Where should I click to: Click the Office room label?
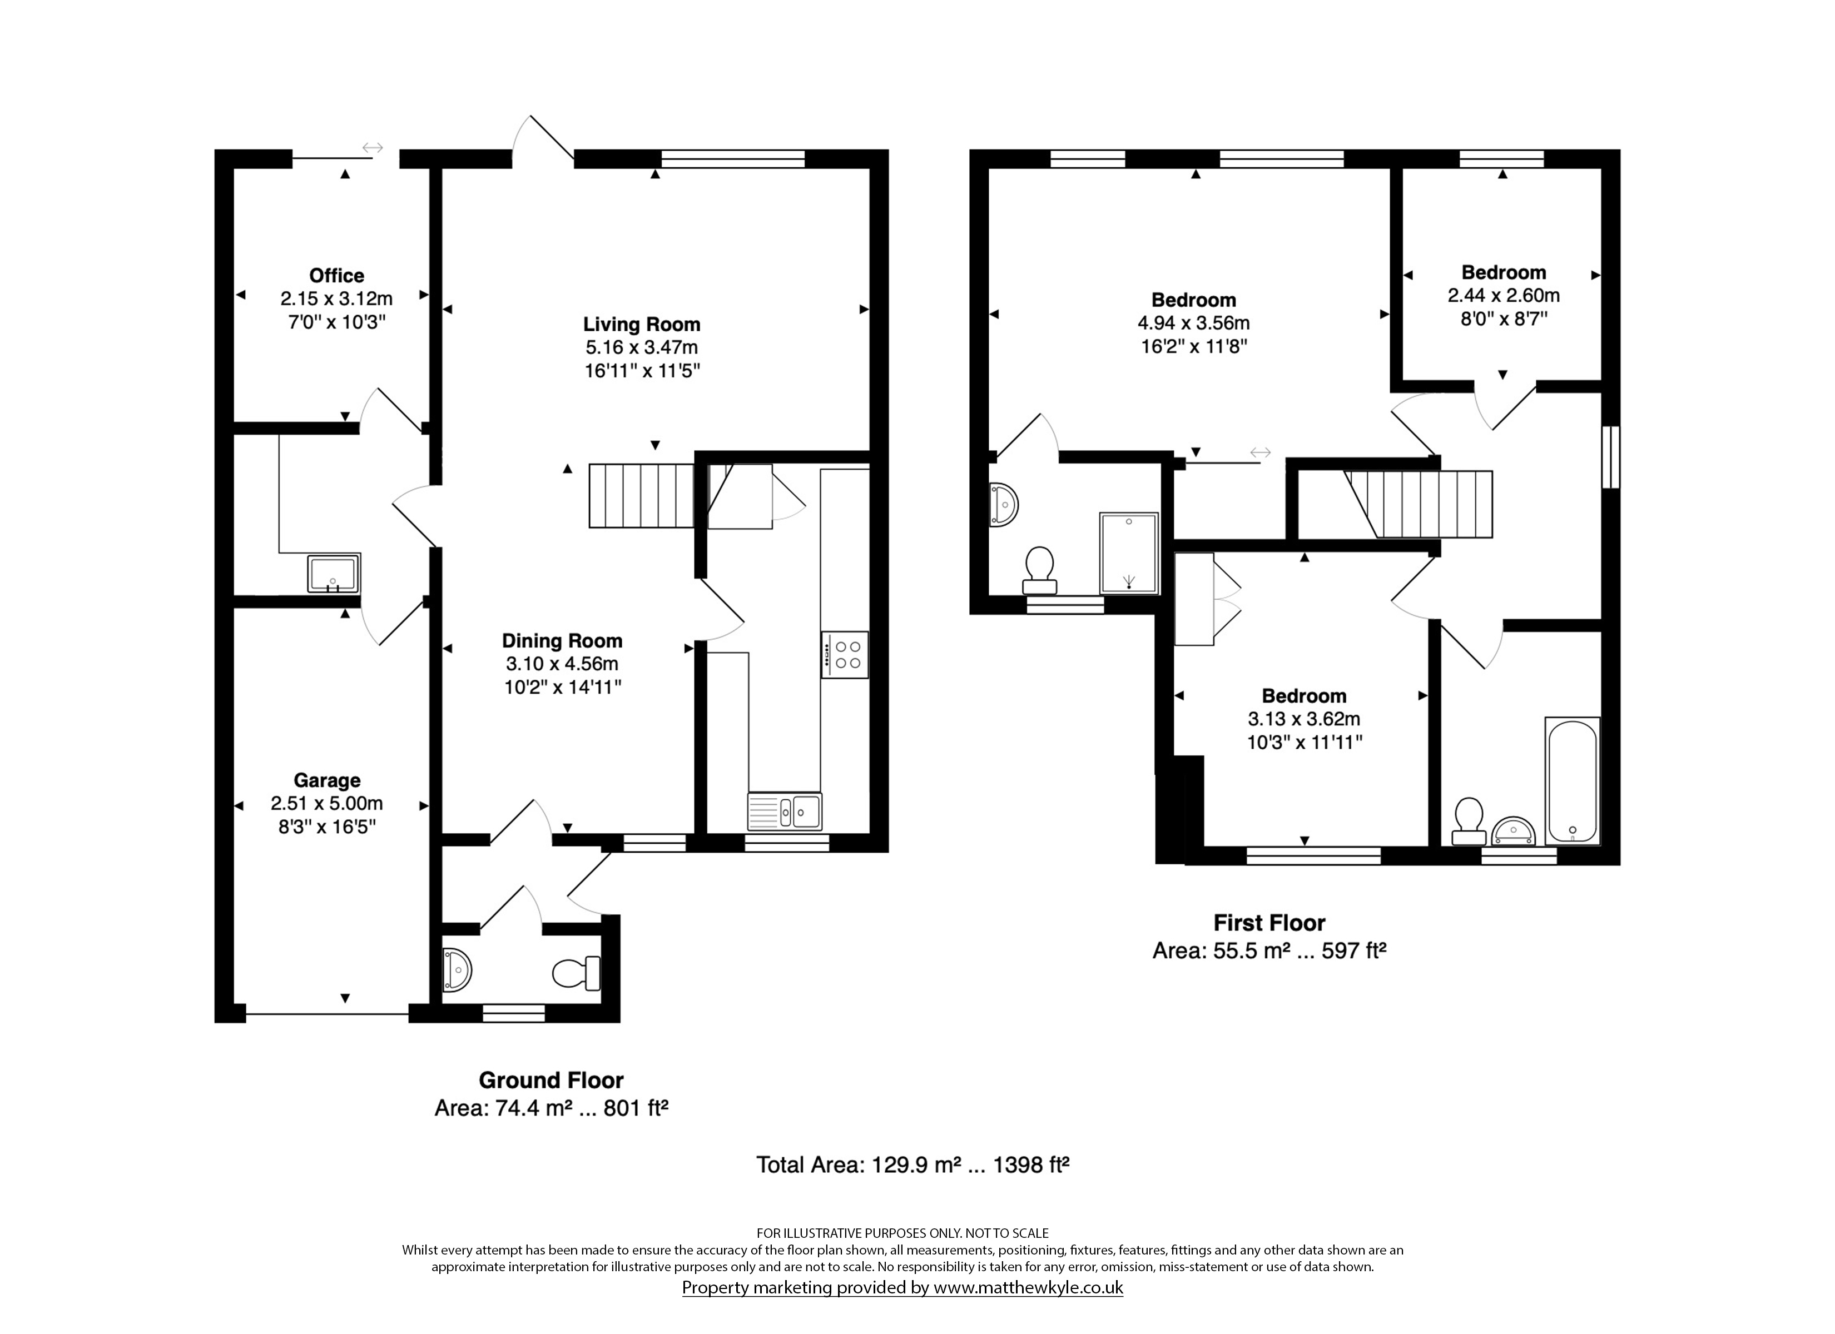[x=336, y=276]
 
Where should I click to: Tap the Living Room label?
[x=642, y=325]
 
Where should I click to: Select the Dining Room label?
[x=562, y=641]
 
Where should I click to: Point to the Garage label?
[x=327, y=780]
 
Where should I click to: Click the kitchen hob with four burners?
[x=845, y=654]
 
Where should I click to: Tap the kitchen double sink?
[x=785, y=812]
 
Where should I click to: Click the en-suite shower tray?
[x=1129, y=554]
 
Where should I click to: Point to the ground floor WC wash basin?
[x=457, y=970]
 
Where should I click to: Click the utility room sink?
[x=333, y=574]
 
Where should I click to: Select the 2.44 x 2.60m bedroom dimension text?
[x=1503, y=296]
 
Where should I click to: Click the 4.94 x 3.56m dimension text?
[x=1193, y=323]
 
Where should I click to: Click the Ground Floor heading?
[x=551, y=1081]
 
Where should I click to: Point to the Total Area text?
[x=912, y=1165]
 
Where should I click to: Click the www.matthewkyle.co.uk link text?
[x=1028, y=1287]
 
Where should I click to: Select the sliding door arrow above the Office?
[x=372, y=148]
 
